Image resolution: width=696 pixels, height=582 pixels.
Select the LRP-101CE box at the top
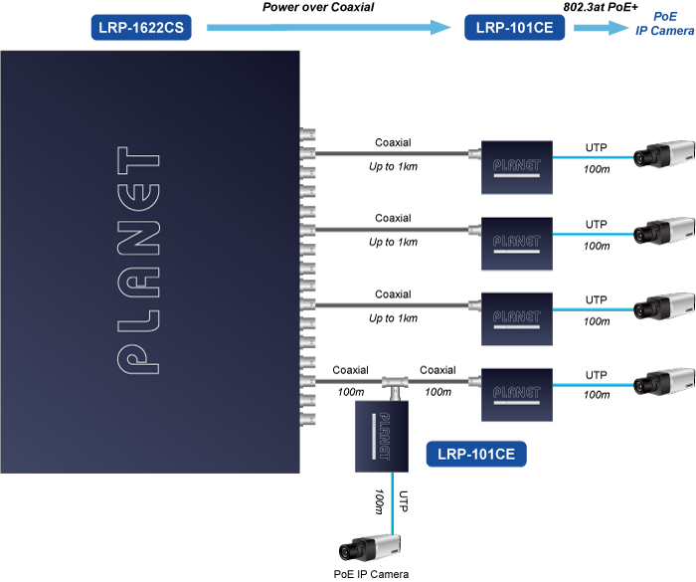click(x=514, y=28)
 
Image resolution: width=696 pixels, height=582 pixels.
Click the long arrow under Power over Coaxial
click(x=329, y=30)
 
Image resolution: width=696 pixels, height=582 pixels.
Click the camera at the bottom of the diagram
click(x=370, y=547)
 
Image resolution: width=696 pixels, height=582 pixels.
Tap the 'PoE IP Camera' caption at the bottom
click(x=370, y=573)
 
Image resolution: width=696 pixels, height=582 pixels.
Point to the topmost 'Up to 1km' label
click(x=393, y=167)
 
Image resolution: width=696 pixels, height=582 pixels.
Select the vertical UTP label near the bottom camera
click(x=403, y=501)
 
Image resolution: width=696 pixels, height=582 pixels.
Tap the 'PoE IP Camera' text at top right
click(x=665, y=25)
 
